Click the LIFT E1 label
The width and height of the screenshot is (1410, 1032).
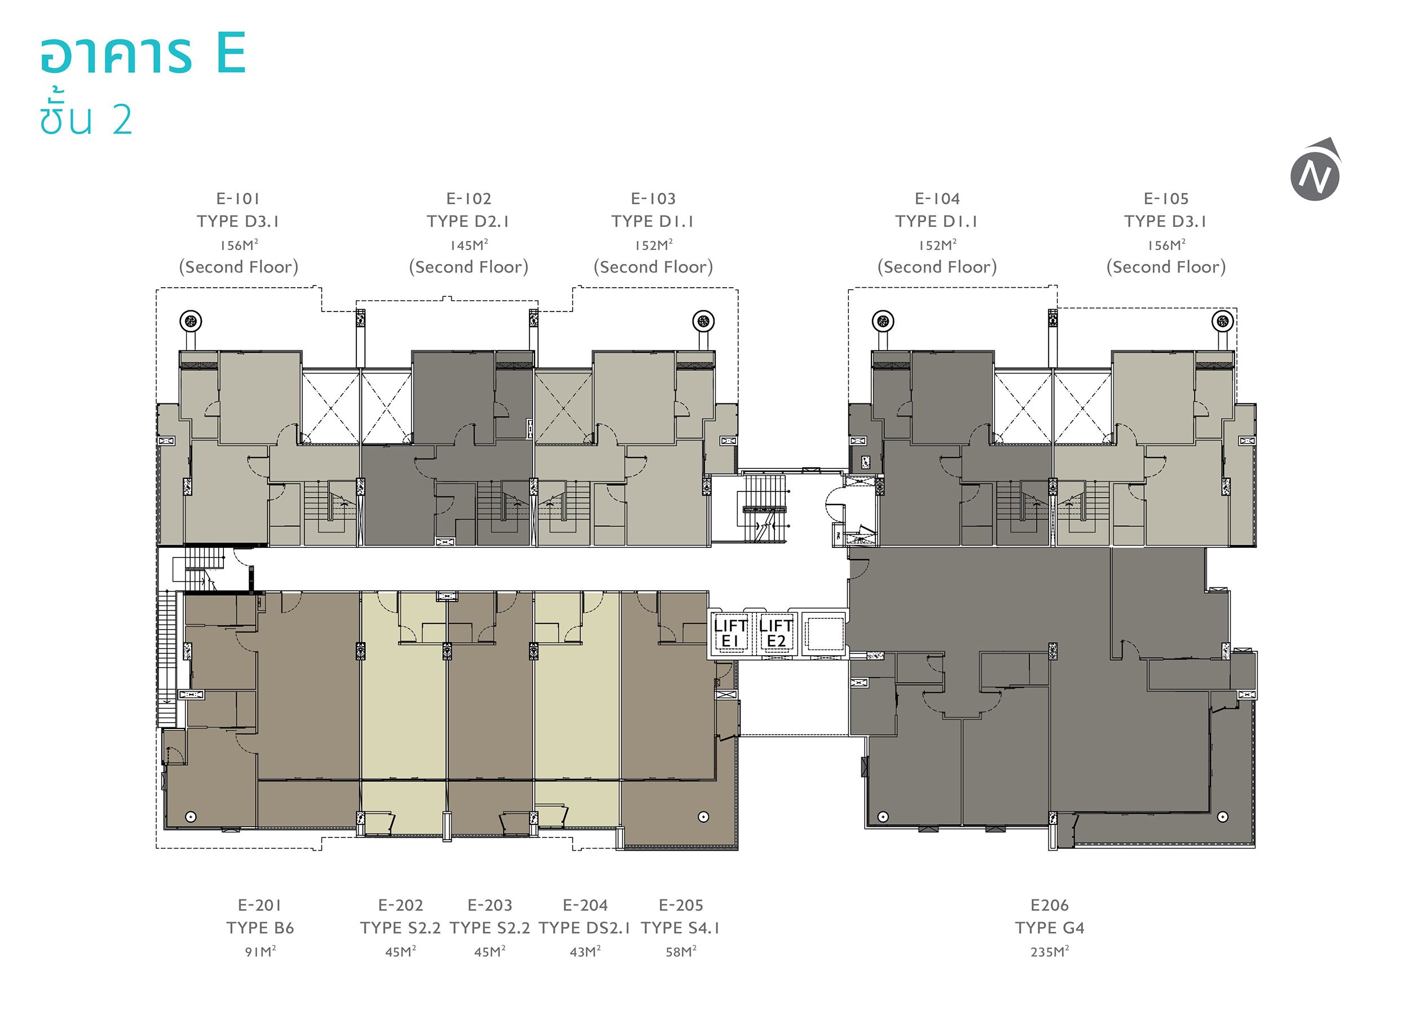pyautogui.click(x=730, y=634)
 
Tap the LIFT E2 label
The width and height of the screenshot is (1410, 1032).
pyautogui.click(x=776, y=634)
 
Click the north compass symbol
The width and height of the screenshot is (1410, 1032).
pyautogui.click(x=1316, y=169)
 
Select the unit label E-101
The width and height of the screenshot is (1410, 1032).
pyautogui.click(x=238, y=199)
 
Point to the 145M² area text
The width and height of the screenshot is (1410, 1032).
pyautogui.click(x=469, y=245)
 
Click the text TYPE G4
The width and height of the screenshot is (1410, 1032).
pyautogui.click(x=1050, y=928)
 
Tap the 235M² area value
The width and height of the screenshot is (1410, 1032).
pyautogui.click(x=1050, y=951)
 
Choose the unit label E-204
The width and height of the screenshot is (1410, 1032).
pyautogui.click(x=585, y=905)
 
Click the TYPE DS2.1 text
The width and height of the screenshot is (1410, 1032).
pyautogui.click(x=585, y=928)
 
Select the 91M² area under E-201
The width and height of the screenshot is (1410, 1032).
pyautogui.click(x=261, y=951)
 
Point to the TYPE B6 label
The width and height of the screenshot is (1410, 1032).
pyautogui.click(x=261, y=928)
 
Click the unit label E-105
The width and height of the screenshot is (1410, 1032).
pyautogui.click(x=1166, y=199)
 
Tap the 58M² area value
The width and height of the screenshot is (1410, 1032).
pyautogui.click(x=681, y=951)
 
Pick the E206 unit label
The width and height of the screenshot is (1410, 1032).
pyautogui.click(x=1050, y=905)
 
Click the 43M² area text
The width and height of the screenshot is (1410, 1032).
pyautogui.click(x=585, y=951)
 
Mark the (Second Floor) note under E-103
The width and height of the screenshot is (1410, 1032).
pyautogui.click(x=653, y=267)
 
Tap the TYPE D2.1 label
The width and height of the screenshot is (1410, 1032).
pyautogui.click(x=469, y=221)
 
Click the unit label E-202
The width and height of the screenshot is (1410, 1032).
pyautogui.click(x=401, y=905)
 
